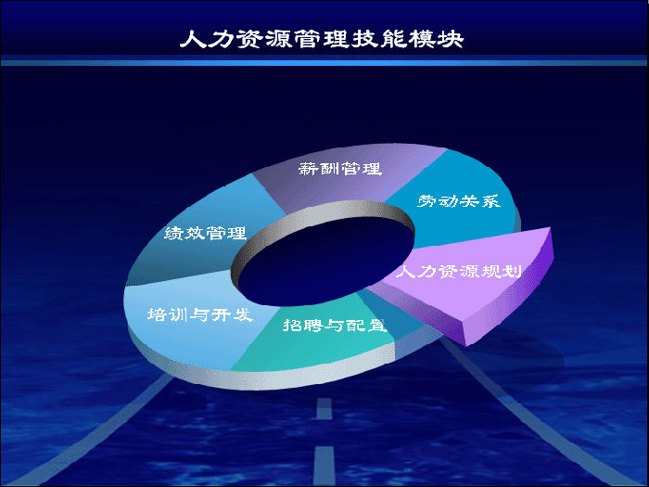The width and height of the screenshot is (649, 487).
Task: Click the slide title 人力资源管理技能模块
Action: [322, 39]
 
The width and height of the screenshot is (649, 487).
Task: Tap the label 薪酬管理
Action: [340, 169]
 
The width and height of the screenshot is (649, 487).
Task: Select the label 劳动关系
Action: [459, 201]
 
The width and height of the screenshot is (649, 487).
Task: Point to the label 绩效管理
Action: [206, 233]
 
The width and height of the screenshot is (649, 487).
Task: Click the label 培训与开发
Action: [200, 314]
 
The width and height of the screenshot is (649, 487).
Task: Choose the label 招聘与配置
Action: [335, 325]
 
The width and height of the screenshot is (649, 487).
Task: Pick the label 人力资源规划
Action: [459, 272]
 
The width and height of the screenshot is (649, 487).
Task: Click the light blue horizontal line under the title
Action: [324, 63]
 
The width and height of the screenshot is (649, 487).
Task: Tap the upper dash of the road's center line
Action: [324, 408]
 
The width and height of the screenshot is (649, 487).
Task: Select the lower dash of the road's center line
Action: [324, 466]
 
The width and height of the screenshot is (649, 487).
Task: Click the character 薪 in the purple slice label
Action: [309, 169]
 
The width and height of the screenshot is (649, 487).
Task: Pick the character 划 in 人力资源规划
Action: [512, 272]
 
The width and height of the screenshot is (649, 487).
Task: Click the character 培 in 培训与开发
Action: [158, 314]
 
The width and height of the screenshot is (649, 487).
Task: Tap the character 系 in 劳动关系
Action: [491, 201]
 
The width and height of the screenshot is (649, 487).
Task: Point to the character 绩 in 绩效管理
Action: [174, 233]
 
